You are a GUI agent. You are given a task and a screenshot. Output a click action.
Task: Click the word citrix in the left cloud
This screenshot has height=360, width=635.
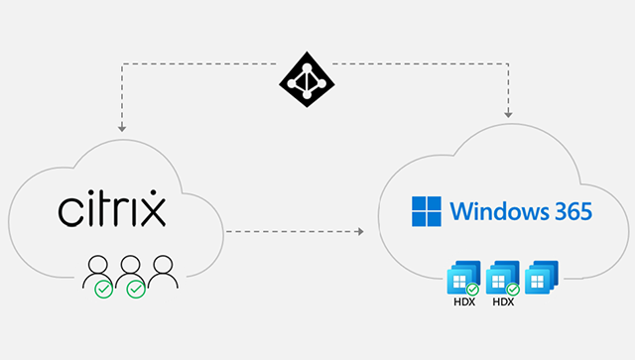tap(111, 211)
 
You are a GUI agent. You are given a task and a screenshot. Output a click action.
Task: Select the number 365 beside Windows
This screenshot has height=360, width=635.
tap(569, 211)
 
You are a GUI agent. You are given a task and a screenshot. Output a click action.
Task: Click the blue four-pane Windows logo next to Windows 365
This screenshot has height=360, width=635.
tap(425, 211)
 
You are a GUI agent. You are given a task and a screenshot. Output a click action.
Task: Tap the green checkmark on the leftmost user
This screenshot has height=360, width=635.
tap(103, 289)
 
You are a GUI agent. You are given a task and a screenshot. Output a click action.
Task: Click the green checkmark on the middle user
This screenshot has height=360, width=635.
tap(136, 289)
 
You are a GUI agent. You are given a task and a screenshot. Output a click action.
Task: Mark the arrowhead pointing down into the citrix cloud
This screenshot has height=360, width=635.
tap(121, 127)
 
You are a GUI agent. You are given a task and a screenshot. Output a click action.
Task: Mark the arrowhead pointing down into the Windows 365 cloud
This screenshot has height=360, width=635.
tap(509, 113)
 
